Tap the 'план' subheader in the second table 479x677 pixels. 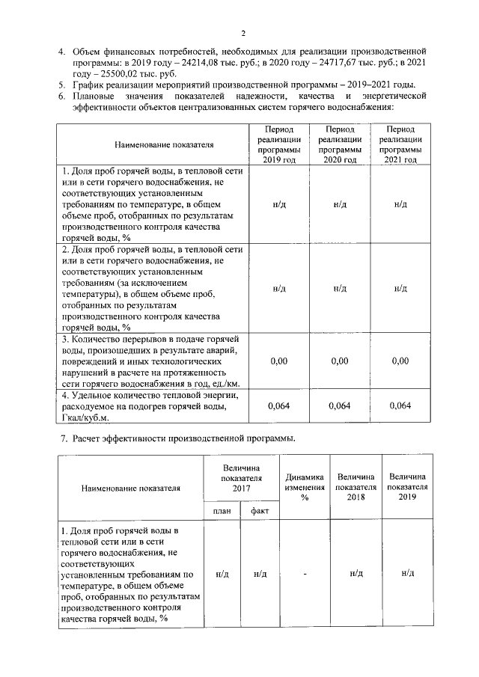click(222, 511)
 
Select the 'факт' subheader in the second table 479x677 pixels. click(260, 511)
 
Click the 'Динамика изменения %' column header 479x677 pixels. click(305, 488)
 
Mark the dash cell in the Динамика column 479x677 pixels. click(305, 573)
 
